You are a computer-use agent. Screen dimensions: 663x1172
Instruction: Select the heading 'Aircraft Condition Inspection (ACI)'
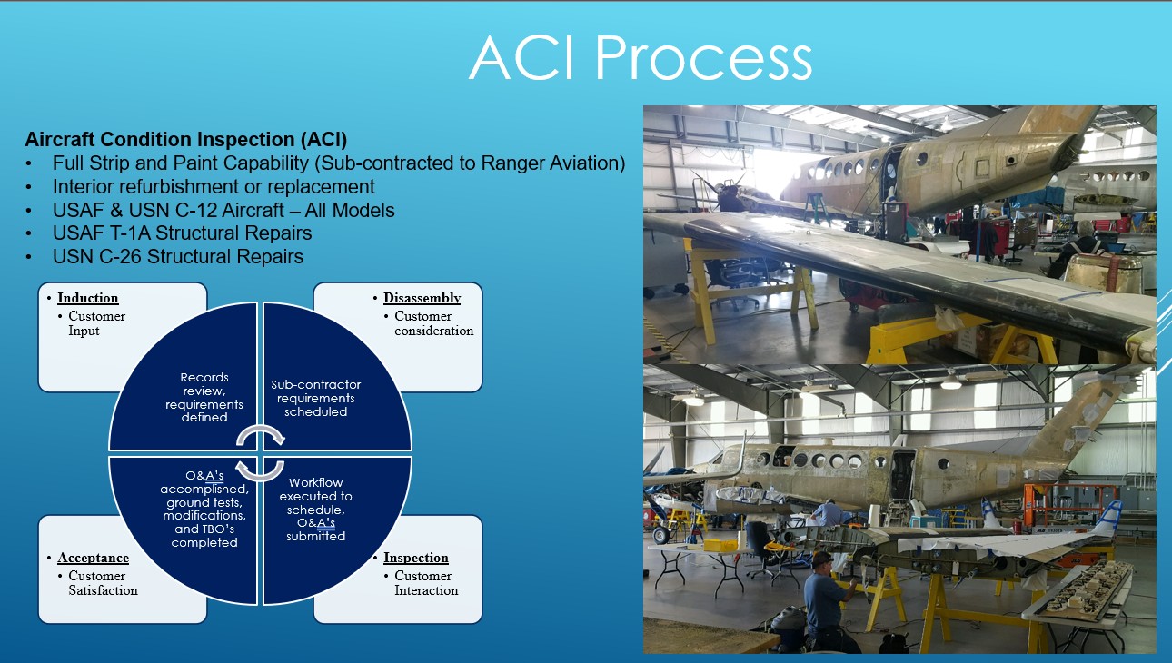[186, 140]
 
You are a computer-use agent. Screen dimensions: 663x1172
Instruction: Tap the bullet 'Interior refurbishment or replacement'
[214, 187]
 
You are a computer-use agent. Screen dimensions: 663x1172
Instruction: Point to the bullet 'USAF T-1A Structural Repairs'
[182, 233]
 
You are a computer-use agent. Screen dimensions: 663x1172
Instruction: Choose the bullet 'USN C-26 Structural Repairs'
[178, 257]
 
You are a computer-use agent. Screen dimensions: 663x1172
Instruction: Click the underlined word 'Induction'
[88, 298]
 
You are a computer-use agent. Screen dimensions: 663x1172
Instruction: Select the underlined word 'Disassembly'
[422, 298]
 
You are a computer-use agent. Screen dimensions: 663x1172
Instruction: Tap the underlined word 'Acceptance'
[93, 558]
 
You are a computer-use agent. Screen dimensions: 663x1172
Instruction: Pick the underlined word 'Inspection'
[416, 558]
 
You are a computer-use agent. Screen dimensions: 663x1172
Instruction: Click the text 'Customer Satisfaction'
[103, 583]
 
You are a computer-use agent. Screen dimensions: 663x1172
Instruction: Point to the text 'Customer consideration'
[433, 323]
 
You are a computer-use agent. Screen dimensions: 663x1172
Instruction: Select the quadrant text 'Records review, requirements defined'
[204, 397]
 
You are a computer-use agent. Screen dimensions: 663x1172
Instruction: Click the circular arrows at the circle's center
[261, 453]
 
